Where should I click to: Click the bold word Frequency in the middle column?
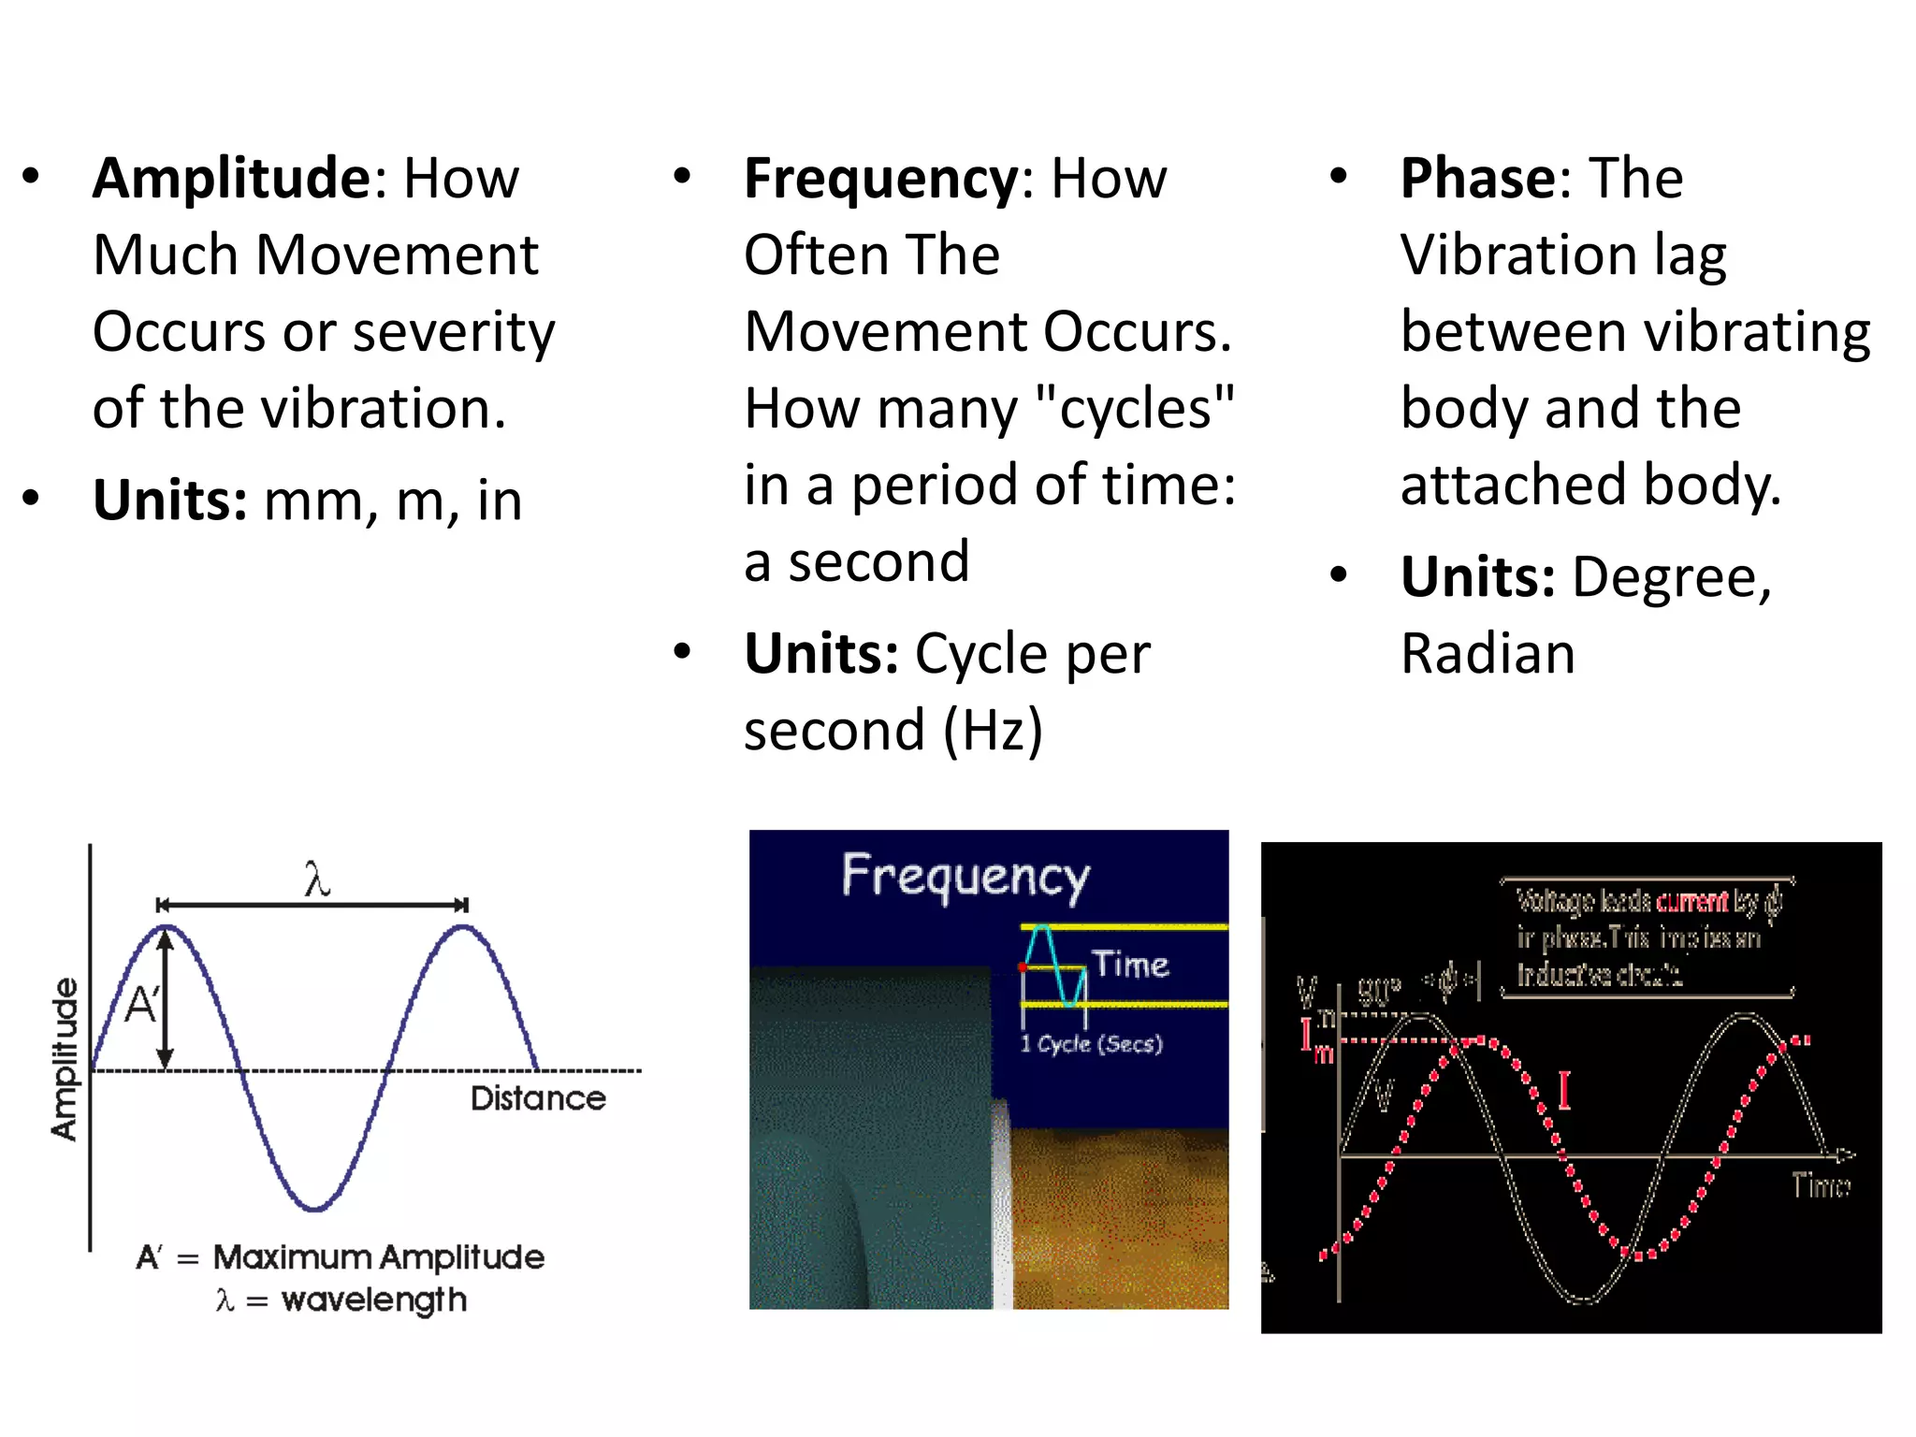pyautogui.click(x=880, y=180)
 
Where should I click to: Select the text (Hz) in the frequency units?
pyautogui.click(x=993, y=730)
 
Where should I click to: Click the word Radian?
pyautogui.click(x=1488, y=653)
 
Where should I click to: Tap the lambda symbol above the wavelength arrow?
pyautogui.click(x=317, y=880)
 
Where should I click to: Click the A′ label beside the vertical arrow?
pyautogui.click(x=141, y=1006)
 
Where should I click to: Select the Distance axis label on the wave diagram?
pyautogui.click(x=538, y=1098)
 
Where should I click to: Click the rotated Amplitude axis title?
pyautogui.click(x=64, y=1059)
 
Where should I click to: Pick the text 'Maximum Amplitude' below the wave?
pyautogui.click(x=378, y=1256)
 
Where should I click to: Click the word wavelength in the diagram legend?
pyautogui.click(x=373, y=1299)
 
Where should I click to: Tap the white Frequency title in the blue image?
pyautogui.click(x=965, y=877)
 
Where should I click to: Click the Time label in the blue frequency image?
pyautogui.click(x=1130, y=964)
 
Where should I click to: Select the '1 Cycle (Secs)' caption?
pyautogui.click(x=1091, y=1044)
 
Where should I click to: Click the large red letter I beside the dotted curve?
pyautogui.click(x=1563, y=1090)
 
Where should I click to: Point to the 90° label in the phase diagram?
pyautogui.click(x=1379, y=990)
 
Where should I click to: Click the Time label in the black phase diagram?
pyautogui.click(x=1820, y=1185)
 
